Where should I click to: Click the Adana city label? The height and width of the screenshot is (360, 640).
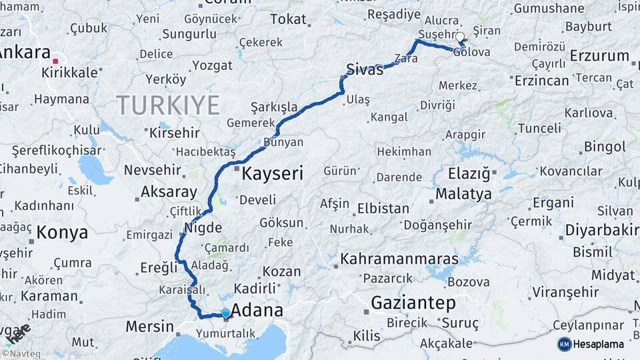click(x=257, y=311)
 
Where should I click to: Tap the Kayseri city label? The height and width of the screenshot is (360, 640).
click(x=272, y=175)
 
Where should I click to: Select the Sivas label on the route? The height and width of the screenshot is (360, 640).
click(x=365, y=69)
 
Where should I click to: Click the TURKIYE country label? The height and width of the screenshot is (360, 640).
click(x=167, y=105)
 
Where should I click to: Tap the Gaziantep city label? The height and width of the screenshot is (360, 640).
click(x=413, y=303)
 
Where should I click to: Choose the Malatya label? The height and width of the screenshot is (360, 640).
click(x=463, y=195)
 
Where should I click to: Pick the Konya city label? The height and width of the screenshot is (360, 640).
click(x=62, y=233)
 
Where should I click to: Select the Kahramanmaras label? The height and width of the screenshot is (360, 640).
click(x=399, y=259)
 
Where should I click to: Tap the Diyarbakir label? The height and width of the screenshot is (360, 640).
click(x=602, y=230)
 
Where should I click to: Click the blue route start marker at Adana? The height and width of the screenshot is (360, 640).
click(x=225, y=313)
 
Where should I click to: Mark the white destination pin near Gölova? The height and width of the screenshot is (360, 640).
click(x=459, y=38)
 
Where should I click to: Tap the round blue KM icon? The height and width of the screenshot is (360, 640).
click(x=564, y=344)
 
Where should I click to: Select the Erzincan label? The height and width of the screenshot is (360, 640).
click(x=542, y=81)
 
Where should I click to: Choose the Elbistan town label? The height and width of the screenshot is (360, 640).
click(x=383, y=209)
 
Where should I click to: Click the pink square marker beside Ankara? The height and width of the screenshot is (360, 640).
click(x=56, y=61)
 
